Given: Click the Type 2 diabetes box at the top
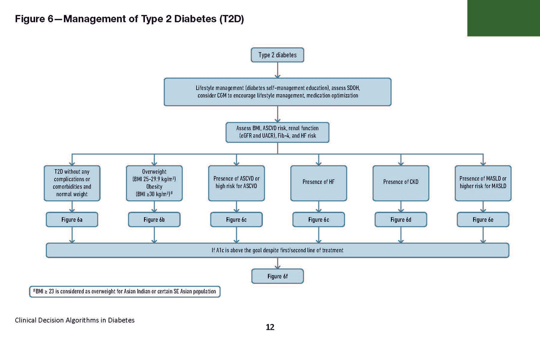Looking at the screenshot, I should [x=277, y=55].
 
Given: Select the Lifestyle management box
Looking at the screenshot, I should [x=277, y=92].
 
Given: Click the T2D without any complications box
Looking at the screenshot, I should [x=72, y=183].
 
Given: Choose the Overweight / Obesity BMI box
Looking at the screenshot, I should [x=154, y=183].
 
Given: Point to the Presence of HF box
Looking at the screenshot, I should [x=319, y=183].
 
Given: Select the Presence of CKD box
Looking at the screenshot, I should [x=401, y=183].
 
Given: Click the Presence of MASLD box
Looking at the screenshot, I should [x=483, y=183].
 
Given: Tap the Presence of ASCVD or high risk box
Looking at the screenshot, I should [x=236, y=183].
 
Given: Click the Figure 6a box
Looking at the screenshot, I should [x=72, y=220].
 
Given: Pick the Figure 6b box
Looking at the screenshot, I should [x=154, y=220].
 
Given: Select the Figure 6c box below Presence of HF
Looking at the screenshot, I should [x=319, y=220].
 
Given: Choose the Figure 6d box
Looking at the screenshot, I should [x=401, y=220].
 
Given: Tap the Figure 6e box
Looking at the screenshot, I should [x=483, y=220].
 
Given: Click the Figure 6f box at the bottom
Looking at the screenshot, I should [x=277, y=276].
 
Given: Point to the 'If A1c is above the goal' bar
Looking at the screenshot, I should [x=277, y=250].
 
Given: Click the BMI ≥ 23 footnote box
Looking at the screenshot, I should [x=124, y=292].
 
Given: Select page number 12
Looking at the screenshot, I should [x=270, y=327].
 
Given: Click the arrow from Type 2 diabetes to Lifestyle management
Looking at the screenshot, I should [x=278, y=70].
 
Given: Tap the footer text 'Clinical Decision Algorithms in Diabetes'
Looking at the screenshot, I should [x=75, y=320].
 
